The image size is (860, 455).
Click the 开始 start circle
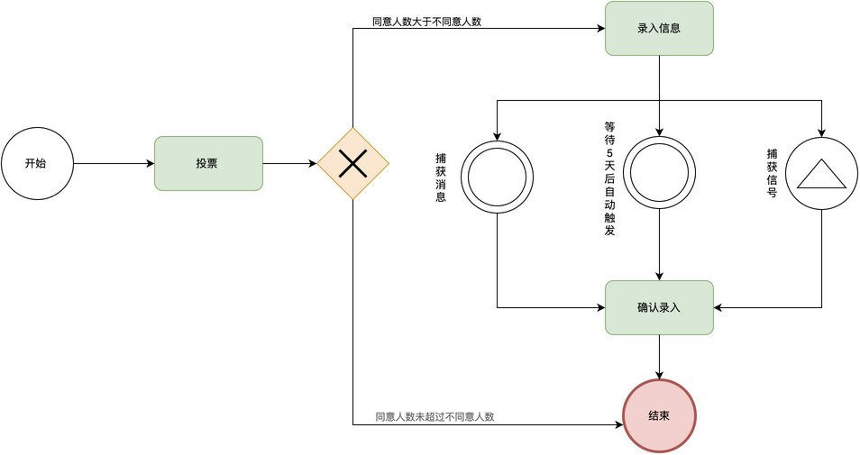37,163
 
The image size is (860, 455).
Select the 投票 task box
208,163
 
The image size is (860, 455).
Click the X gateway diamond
352,163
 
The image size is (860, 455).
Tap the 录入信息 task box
659,28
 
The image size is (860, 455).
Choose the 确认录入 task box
659,307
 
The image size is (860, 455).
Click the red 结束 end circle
659,415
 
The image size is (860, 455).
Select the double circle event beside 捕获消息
497,177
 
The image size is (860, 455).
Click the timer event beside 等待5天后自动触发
659,172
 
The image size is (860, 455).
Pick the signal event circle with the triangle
821,174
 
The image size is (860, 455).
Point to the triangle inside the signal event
821,176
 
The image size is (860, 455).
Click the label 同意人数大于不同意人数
426,22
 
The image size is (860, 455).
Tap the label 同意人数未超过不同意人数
435,416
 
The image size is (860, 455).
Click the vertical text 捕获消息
441,177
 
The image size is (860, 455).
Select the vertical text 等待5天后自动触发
610,179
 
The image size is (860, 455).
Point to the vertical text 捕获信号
772,173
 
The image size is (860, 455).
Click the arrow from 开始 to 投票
113,163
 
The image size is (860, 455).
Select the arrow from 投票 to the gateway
288,163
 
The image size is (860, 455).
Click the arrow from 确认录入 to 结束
659,357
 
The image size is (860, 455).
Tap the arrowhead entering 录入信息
599,28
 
